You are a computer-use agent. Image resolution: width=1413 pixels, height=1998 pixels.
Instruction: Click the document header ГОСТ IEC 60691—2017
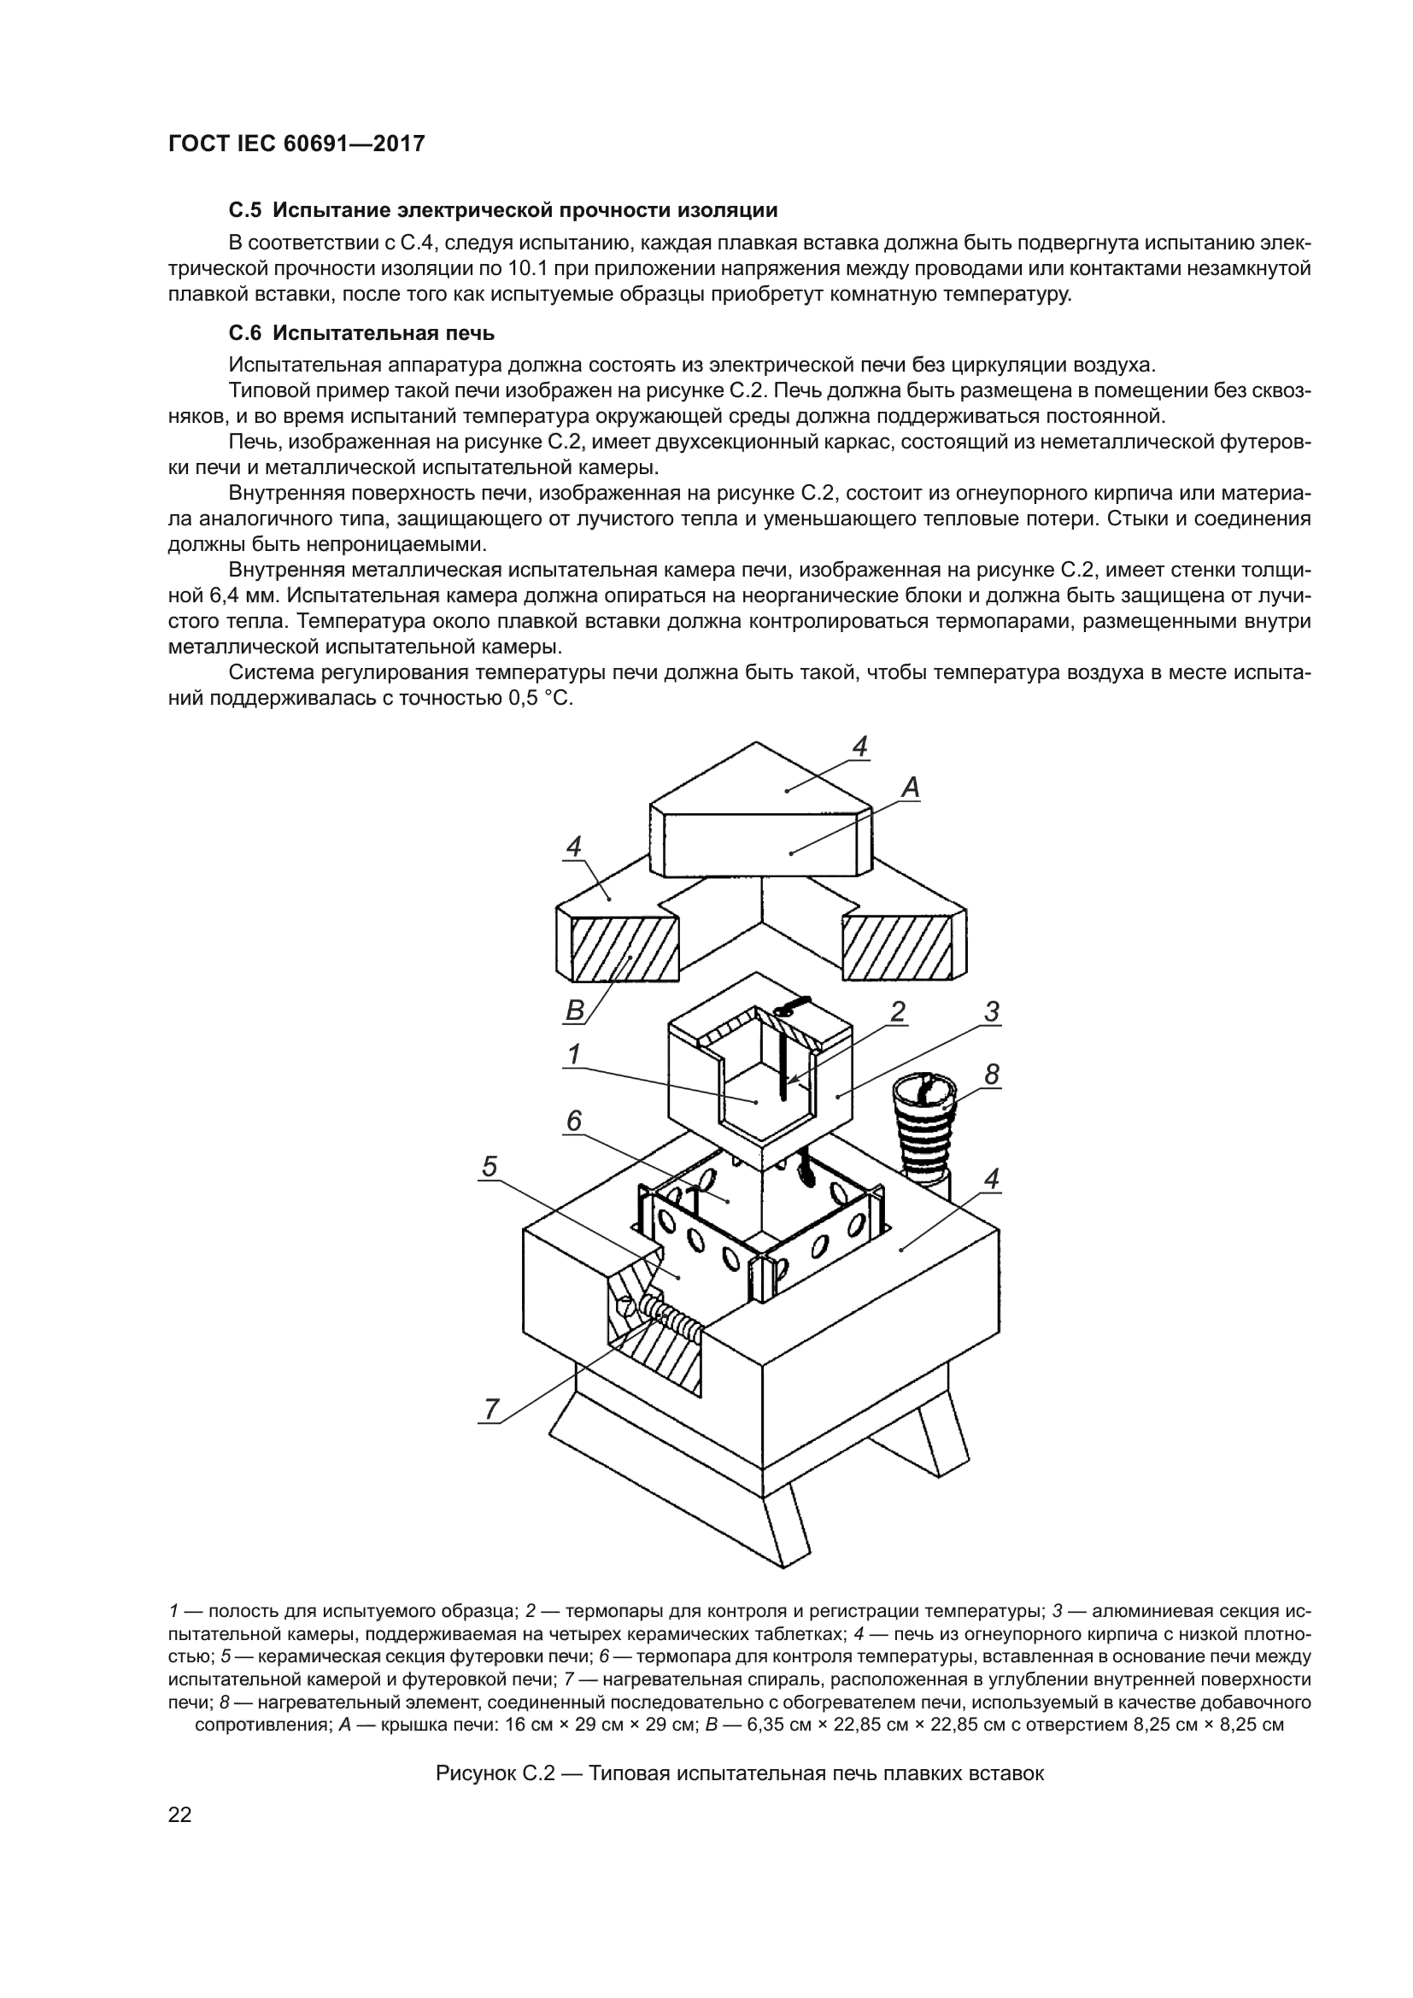pos(296,144)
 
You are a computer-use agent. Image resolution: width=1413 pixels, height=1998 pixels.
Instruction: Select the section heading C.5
pos(502,210)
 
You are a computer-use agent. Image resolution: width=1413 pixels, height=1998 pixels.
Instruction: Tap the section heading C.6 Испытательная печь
pos(361,332)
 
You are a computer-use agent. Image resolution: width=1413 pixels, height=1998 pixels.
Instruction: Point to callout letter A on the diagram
pos(909,788)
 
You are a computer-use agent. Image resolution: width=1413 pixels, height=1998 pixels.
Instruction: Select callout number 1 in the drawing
pos(573,1054)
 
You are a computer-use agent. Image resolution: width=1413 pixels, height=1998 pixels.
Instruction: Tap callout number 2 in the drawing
pos(897,1011)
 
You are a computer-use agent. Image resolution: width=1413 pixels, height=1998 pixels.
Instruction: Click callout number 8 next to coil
pos(991,1075)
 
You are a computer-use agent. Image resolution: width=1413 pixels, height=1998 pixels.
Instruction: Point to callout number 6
pos(573,1122)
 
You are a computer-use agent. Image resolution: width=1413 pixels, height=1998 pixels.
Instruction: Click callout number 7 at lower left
pos(491,1407)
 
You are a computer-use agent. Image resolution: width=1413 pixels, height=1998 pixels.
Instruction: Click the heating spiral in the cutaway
pos(671,1327)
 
